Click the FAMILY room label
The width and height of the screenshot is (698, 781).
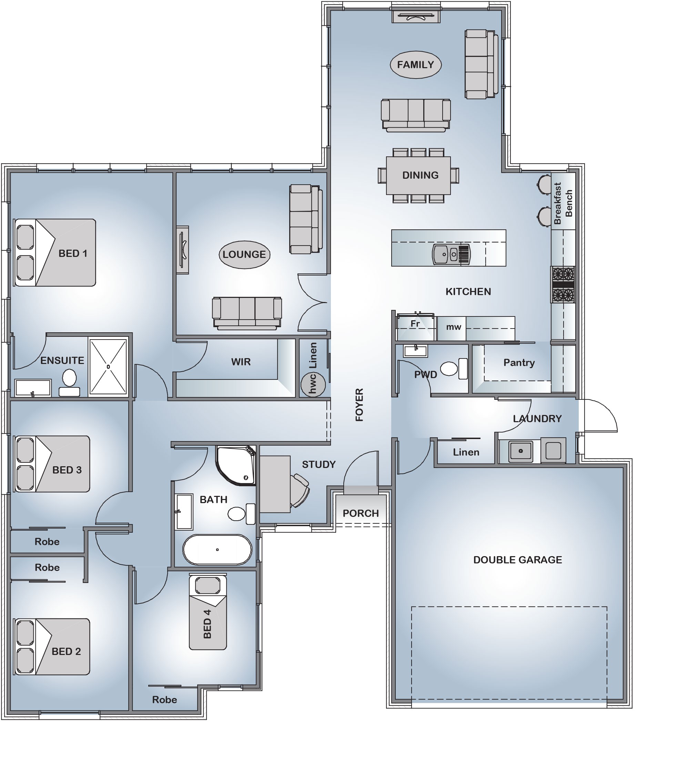tap(416, 65)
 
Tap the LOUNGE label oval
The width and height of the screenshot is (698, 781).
tap(244, 254)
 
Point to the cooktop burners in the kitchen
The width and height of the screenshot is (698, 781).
tap(563, 284)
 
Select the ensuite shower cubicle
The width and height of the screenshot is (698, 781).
tap(108, 366)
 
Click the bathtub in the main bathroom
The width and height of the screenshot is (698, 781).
tap(217, 550)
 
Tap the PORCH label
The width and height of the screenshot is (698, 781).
tap(361, 513)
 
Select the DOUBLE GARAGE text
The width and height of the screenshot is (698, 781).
tap(517, 560)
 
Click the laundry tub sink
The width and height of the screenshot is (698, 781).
tap(520, 451)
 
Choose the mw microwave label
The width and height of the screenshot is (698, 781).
tap(453, 327)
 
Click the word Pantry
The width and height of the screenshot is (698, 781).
tap(519, 363)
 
